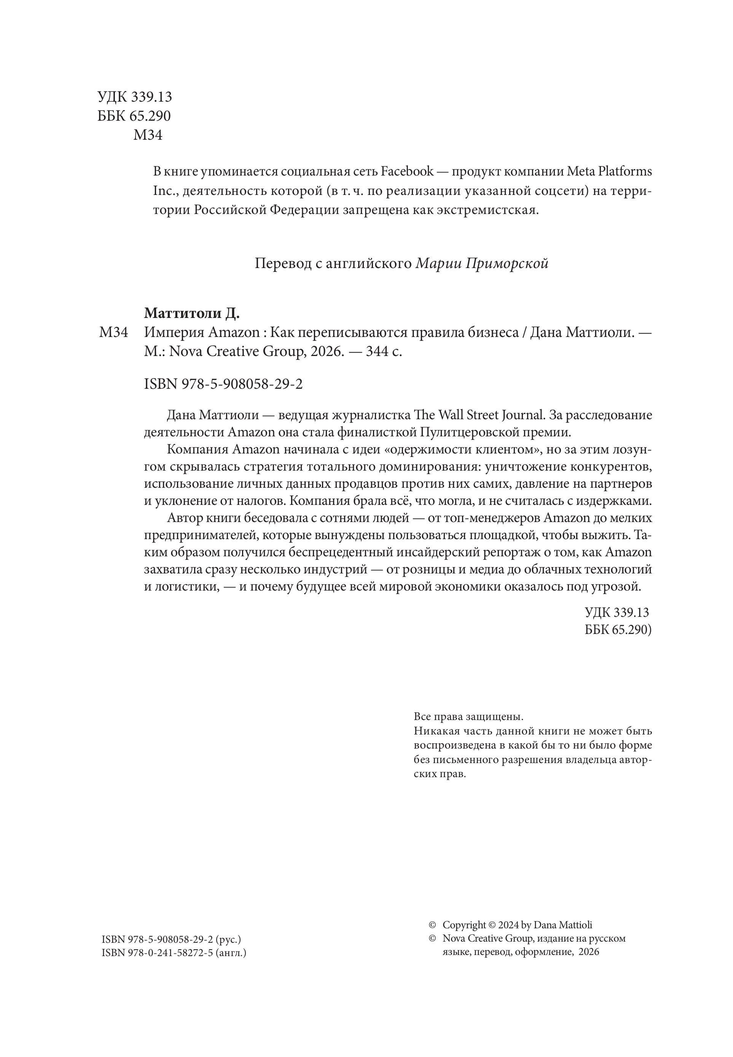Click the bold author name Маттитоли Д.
(192, 313)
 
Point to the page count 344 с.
(384, 351)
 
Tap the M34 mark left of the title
(113, 332)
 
